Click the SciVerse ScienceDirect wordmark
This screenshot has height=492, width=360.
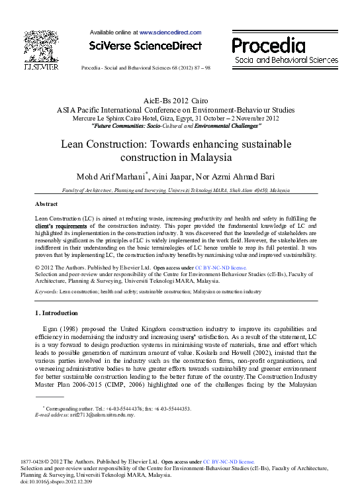click(145, 46)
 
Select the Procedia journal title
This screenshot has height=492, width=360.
click(269, 45)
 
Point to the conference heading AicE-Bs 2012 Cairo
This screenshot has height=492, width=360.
click(179, 100)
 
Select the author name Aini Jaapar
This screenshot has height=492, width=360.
click(192, 174)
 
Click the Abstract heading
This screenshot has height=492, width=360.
click(46, 204)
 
